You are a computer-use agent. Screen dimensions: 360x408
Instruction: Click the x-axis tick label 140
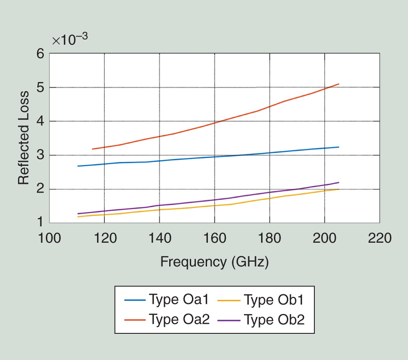pos(159,238)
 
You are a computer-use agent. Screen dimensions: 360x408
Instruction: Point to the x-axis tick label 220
pos(380,238)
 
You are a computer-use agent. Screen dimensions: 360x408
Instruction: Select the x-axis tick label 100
pos(49,238)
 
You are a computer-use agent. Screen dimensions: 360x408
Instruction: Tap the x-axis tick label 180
pos(269,238)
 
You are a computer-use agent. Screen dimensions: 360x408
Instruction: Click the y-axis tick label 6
pos(40,54)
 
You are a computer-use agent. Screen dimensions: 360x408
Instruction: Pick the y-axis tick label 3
pos(40,155)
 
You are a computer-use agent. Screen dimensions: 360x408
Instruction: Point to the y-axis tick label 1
pos(40,223)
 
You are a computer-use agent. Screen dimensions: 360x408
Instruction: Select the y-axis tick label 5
pos(40,88)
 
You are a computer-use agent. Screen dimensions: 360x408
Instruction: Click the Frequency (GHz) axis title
pos(214,262)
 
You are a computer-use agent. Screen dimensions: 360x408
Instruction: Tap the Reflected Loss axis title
pos(24,138)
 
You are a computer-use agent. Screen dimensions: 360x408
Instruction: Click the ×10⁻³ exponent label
pos(70,40)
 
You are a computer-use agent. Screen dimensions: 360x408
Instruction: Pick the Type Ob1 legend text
pos(274,299)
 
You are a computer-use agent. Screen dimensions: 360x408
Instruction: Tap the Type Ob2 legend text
pos(274,319)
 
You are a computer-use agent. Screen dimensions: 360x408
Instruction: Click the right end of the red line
pos(339,84)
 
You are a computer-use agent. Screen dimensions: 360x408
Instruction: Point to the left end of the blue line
pos(78,166)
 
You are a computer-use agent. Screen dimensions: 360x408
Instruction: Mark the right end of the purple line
pos(339,183)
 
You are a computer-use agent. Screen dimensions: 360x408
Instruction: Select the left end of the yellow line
pos(78,217)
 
